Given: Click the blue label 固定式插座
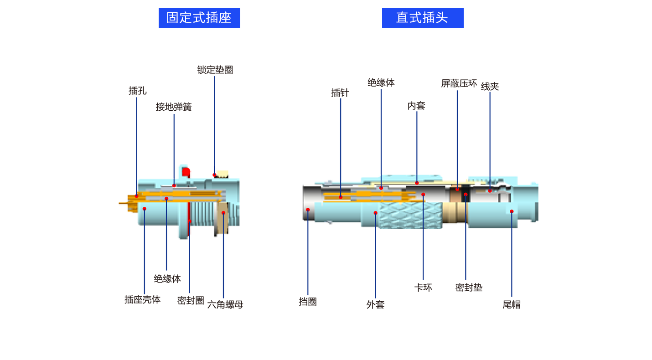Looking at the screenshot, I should click(x=199, y=18).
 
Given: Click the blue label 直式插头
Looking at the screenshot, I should click(x=422, y=18).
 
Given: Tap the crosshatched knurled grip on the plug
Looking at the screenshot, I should click(x=410, y=214).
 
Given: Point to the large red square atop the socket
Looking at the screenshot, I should click(x=186, y=171).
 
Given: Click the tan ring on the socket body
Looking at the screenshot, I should click(x=222, y=219).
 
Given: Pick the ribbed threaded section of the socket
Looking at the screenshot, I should click(x=203, y=214).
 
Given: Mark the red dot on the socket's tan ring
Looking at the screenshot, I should click(x=223, y=213).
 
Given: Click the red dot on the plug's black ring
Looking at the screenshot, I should click(x=466, y=195).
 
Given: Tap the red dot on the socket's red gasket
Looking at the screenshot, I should click(x=190, y=221).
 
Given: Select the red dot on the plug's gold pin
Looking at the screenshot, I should click(x=341, y=197).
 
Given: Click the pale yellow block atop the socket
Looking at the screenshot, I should click(x=223, y=172).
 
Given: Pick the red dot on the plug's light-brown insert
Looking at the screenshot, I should click(x=457, y=189).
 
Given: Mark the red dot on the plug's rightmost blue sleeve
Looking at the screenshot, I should click(x=512, y=211).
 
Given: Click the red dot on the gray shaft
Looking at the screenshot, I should click(x=308, y=210).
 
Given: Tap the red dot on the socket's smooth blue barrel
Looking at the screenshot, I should click(x=145, y=209).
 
